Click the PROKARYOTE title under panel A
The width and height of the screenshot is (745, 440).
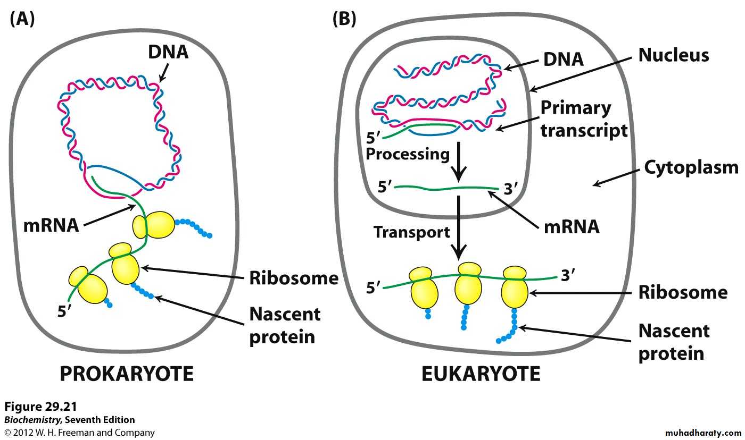click(126, 374)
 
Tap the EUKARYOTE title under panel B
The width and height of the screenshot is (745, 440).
click(481, 374)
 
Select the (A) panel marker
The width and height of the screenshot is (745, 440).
click(22, 19)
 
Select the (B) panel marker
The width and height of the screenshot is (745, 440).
click(344, 19)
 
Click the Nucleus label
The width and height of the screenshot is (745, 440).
click(674, 55)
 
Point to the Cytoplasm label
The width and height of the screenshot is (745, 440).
click(691, 167)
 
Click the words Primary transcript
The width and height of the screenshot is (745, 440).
click(584, 119)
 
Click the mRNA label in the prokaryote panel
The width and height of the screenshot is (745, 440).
click(51, 225)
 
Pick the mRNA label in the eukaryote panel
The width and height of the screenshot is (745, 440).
click(572, 227)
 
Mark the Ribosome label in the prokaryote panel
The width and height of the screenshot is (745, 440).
click(294, 278)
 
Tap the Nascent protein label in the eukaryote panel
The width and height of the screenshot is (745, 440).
click(674, 342)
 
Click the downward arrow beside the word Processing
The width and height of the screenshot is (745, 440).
click(459, 164)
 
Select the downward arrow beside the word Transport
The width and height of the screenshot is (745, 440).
click(459, 226)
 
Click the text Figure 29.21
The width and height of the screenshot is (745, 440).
click(40, 407)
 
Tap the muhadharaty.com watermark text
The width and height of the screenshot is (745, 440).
click(702, 433)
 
